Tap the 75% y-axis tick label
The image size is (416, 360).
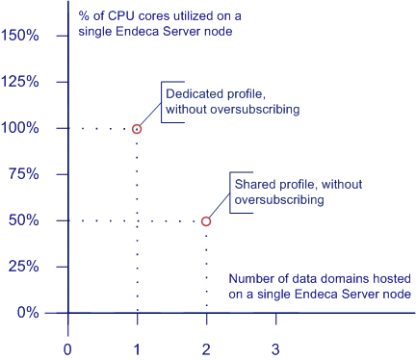[23, 174]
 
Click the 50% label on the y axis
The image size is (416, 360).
[23, 220]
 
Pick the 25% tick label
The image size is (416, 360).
[23, 267]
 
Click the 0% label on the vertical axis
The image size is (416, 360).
[27, 313]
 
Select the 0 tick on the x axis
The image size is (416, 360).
[67, 347]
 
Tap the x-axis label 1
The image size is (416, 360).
[137, 347]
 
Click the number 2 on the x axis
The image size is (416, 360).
[206, 347]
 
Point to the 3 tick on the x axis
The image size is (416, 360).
[275, 347]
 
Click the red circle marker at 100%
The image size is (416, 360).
[137, 128]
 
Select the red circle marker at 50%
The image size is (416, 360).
[206, 221]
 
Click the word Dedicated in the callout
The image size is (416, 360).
[193, 94]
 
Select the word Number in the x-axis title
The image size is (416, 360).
[252, 279]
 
